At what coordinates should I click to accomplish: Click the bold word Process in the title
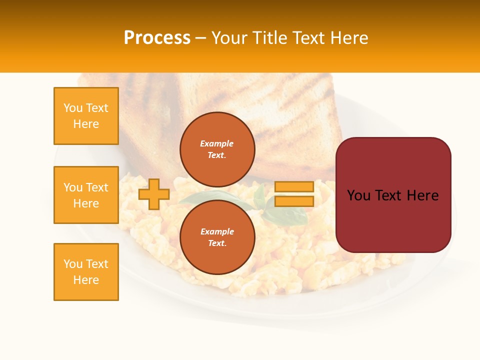pyautogui.click(x=157, y=38)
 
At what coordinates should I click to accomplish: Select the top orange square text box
pyautogui.click(x=86, y=116)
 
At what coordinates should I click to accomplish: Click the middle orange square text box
pyautogui.click(x=86, y=195)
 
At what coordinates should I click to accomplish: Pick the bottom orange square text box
pyautogui.click(x=86, y=272)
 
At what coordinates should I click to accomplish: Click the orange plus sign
pyautogui.click(x=154, y=194)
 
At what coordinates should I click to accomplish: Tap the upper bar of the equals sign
pyautogui.click(x=294, y=187)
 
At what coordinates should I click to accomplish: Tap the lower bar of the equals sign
pyautogui.click(x=294, y=201)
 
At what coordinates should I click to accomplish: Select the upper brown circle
pyautogui.click(x=217, y=149)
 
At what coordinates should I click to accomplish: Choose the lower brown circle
pyautogui.click(x=217, y=237)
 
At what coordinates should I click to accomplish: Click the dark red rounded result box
pyautogui.click(x=393, y=195)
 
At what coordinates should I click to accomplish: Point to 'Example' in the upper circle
pyautogui.click(x=217, y=143)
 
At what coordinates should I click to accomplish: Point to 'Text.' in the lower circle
pyautogui.click(x=217, y=243)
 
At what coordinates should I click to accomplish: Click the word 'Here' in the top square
pyautogui.click(x=86, y=124)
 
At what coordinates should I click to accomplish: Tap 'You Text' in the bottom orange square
pyautogui.click(x=86, y=264)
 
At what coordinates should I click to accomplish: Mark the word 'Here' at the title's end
pyautogui.click(x=350, y=38)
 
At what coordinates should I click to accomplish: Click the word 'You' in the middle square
pyautogui.click(x=72, y=187)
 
